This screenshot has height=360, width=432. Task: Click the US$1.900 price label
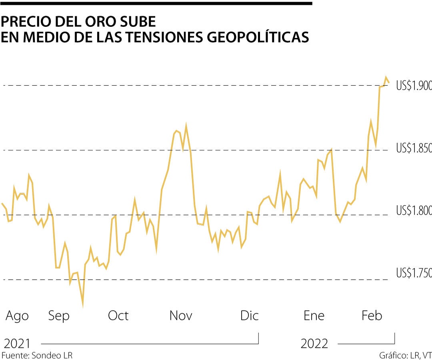[414, 86]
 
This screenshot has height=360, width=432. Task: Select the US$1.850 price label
[414, 148]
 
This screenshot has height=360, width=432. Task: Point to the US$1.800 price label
[414, 210]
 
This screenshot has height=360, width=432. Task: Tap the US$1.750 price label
[414, 273]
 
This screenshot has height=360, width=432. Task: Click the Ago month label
[17, 316]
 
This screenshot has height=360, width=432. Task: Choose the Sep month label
[59, 316]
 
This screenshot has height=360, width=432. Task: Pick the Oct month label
[118, 316]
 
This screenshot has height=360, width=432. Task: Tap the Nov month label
[181, 316]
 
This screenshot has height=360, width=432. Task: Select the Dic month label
[249, 316]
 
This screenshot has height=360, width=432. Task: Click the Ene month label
[314, 316]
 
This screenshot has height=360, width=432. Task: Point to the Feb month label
[372, 316]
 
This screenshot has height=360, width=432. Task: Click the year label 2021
[17, 344]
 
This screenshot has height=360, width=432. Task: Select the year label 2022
[314, 344]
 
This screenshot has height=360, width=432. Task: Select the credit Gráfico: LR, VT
[405, 355]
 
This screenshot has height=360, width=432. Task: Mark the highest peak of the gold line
[386, 77]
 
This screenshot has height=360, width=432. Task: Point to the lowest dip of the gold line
[83, 306]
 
